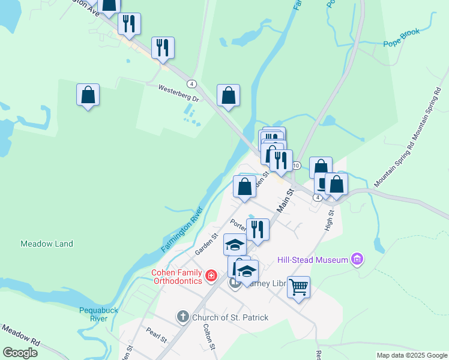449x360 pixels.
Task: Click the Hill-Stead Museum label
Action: point(313,260)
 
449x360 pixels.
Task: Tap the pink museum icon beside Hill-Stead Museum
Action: point(358,259)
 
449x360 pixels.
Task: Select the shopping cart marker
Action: point(298,287)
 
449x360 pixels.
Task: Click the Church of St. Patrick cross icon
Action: point(183,316)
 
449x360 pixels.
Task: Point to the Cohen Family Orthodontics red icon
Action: point(211,276)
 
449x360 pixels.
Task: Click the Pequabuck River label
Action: point(93,314)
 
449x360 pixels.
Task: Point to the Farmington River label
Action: point(182,230)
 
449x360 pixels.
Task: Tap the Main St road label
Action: point(285,200)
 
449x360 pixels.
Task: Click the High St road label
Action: point(329,221)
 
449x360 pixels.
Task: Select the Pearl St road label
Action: point(157,335)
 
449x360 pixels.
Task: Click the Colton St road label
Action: point(209,336)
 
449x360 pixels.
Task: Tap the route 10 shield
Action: point(296,165)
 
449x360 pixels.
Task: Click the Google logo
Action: point(20,353)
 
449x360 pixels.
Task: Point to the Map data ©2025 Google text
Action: point(411,355)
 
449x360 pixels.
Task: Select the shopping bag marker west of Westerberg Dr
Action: point(88,95)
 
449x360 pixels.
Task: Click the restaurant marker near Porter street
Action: point(258,230)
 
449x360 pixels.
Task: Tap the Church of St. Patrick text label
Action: point(230,317)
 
